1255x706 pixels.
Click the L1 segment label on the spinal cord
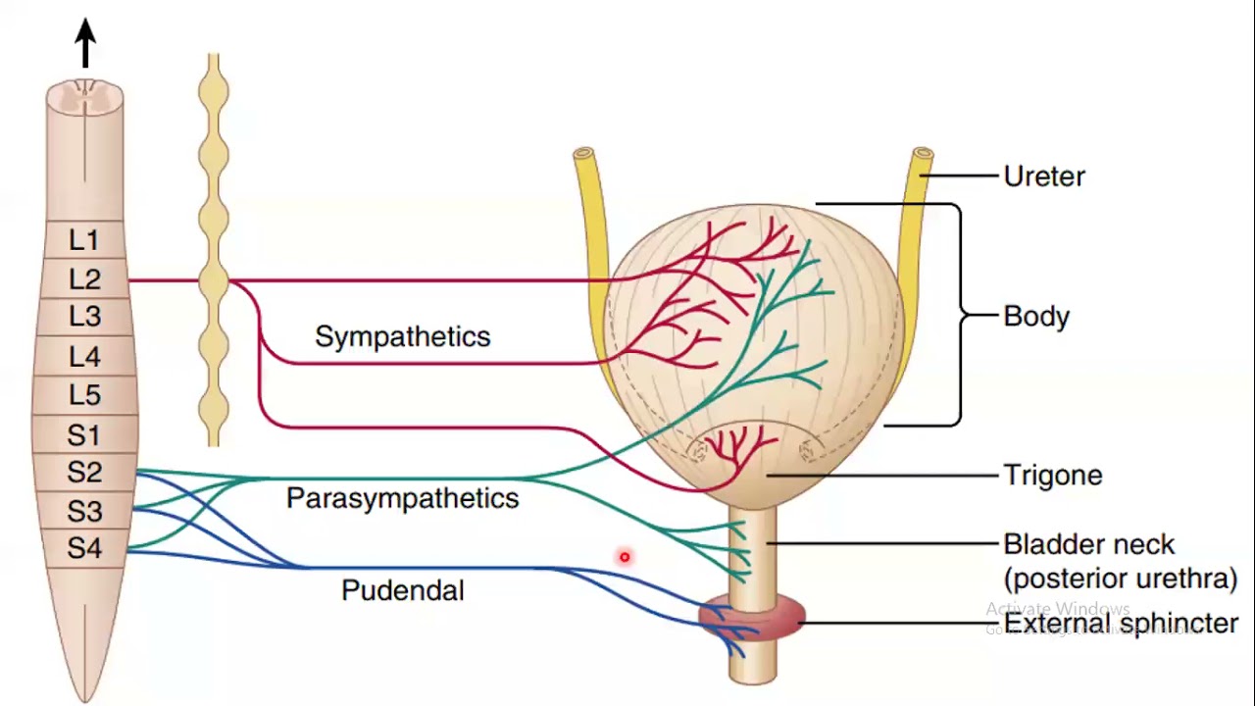pyautogui.click(x=84, y=240)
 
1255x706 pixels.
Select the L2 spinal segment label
pyautogui.click(x=84, y=280)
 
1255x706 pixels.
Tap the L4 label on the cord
pyautogui.click(x=84, y=356)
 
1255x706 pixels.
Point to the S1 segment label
pyautogui.click(x=84, y=433)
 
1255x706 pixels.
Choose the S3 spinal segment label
pyautogui.click(x=84, y=511)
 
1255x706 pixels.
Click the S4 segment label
pyautogui.click(x=84, y=548)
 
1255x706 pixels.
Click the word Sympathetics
pyautogui.click(x=402, y=337)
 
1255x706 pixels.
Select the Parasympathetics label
pyautogui.click(x=402, y=498)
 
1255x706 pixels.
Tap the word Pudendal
pyautogui.click(x=402, y=590)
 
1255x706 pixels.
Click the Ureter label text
pyautogui.click(x=1044, y=177)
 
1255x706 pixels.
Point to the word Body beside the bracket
pyautogui.click(x=1036, y=317)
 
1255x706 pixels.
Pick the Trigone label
pyautogui.click(x=1052, y=476)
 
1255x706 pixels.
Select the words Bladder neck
pyautogui.click(x=1088, y=545)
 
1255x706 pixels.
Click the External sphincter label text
pyautogui.click(x=1121, y=624)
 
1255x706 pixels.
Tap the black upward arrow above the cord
pyautogui.click(x=85, y=43)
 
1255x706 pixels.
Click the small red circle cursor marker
pyautogui.click(x=624, y=558)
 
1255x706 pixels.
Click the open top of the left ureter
pyautogui.click(x=583, y=154)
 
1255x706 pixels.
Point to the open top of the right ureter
pyautogui.click(x=922, y=154)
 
